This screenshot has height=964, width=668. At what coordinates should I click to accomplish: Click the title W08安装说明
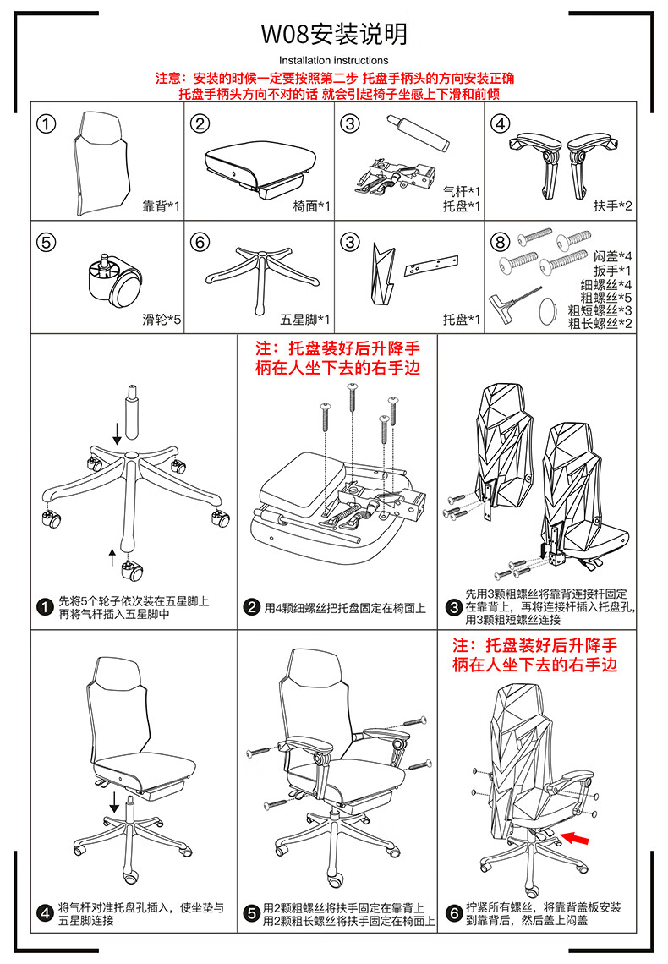tap(334, 34)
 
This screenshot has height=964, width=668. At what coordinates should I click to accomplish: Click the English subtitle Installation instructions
tap(334, 60)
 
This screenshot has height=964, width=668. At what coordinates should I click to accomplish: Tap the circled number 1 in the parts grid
tap(47, 123)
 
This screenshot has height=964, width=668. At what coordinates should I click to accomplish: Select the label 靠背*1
tap(161, 206)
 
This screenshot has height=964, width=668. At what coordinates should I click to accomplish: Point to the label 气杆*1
tap(462, 192)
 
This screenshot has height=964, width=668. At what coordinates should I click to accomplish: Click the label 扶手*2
tap(612, 206)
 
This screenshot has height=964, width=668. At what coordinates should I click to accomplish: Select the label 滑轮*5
tap(162, 320)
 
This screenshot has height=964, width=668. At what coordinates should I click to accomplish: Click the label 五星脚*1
tap(304, 320)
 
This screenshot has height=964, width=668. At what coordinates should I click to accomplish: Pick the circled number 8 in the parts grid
tap(501, 242)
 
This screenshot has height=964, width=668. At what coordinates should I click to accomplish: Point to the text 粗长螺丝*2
tap(600, 323)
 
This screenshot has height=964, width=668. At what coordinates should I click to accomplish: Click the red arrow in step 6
tap(575, 837)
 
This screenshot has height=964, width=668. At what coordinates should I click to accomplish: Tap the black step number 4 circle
tap(45, 913)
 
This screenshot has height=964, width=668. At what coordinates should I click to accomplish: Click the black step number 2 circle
tap(251, 607)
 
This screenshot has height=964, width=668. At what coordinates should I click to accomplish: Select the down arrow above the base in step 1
tap(117, 434)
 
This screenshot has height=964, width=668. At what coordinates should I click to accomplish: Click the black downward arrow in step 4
tap(114, 802)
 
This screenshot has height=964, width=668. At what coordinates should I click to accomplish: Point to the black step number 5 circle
tap(251, 913)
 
